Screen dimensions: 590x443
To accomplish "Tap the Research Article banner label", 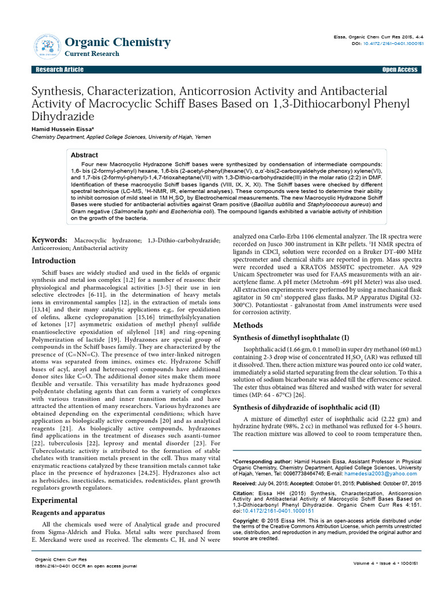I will point(59,70).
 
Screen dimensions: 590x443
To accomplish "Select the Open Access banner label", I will point(399,70).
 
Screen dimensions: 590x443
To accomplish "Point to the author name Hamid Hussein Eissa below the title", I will point(62,130).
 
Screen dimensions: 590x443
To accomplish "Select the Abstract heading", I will point(84,156).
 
